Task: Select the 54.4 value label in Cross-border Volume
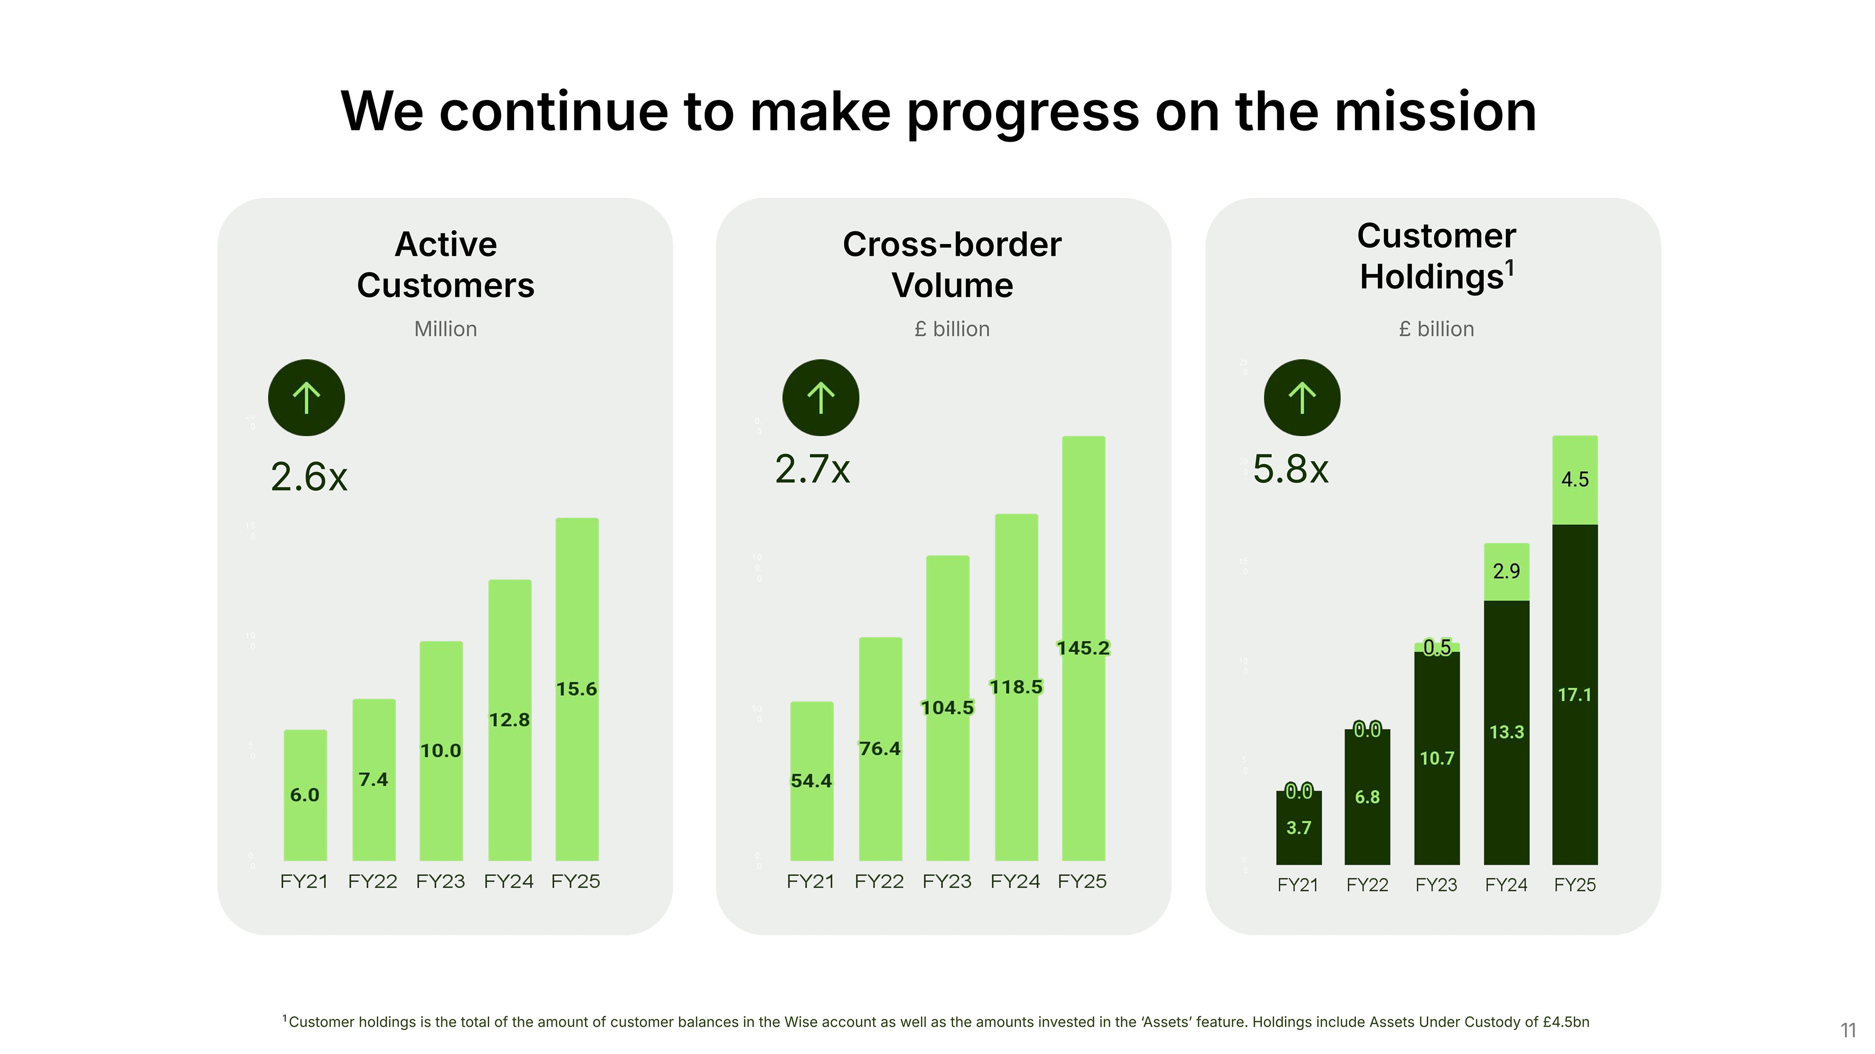tap(811, 781)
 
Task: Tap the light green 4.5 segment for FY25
tap(1574, 480)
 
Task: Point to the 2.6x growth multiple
tap(309, 477)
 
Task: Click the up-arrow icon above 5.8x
tap(1301, 397)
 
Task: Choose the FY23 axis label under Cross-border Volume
tap(946, 882)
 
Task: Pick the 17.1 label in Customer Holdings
tap(1574, 695)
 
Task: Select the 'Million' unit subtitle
tap(445, 329)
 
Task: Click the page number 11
tap(1848, 1030)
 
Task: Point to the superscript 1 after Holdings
tap(1510, 268)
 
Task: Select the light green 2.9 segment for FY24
tap(1506, 571)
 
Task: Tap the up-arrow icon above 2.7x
tap(820, 397)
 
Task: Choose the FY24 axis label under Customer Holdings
tap(1506, 885)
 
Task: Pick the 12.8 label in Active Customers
tap(509, 720)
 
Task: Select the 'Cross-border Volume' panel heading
tap(952, 264)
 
